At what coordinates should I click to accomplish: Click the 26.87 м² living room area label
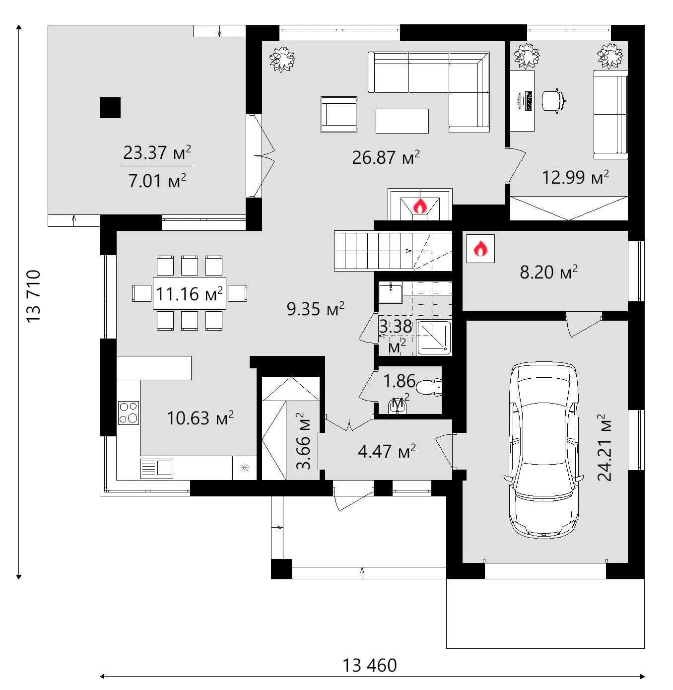[x=386, y=157]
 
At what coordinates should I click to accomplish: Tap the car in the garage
[x=544, y=450]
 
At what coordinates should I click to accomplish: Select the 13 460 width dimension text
[x=370, y=665]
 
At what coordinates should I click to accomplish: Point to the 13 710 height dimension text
[x=33, y=296]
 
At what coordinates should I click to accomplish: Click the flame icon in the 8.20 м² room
[x=480, y=249]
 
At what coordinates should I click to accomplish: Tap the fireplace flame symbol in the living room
[x=420, y=206]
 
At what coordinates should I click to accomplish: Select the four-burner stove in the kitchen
[x=129, y=413]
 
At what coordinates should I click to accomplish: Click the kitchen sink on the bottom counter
[x=157, y=468]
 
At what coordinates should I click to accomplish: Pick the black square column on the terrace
[x=110, y=108]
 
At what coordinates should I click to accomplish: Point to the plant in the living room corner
[x=282, y=60]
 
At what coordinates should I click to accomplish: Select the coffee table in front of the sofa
[x=402, y=121]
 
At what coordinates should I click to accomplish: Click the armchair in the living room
[x=339, y=115]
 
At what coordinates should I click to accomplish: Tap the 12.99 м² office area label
[x=575, y=177]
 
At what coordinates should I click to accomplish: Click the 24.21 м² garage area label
[x=605, y=448]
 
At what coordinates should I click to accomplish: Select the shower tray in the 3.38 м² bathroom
[x=434, y=338]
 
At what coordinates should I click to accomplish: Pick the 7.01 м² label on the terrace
[x=157, y=181]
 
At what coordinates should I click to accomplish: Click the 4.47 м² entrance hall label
[x=387, y=451]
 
